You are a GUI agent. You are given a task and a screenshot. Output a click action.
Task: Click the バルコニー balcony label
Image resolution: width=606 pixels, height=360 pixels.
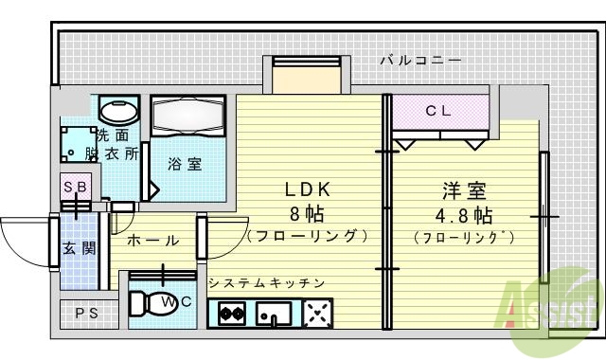tap(421, 61)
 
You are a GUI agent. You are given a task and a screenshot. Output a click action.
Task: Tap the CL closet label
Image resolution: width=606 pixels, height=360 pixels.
tap(437, 111)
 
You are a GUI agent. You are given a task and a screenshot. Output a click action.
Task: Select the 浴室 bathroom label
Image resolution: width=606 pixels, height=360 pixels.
tap(184, 164)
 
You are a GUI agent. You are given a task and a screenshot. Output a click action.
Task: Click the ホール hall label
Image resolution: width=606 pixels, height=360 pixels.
tap(151, 241)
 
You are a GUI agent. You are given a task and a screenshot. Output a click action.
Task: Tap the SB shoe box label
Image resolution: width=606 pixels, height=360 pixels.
tap(75, 187)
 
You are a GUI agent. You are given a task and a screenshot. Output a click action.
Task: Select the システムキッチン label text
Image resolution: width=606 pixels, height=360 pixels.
tap(266, 282)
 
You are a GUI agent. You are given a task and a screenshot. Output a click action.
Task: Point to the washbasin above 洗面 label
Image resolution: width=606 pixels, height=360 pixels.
tap(118, 113)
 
